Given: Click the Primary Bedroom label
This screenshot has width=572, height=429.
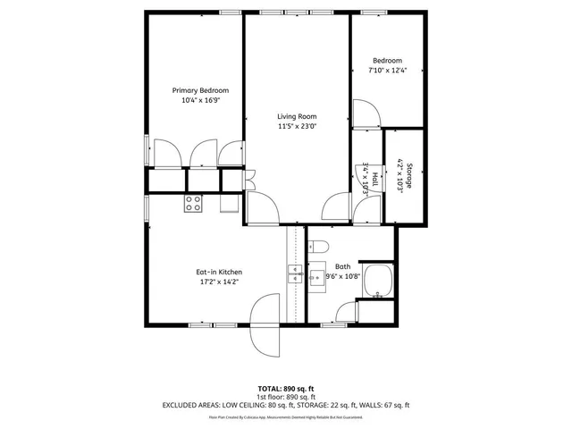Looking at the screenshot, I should (x=200, y=90).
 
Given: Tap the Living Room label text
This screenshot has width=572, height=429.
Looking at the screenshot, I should (x=296, y=116).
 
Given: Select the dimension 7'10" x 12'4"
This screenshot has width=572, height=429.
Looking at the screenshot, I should (x=388, y=71).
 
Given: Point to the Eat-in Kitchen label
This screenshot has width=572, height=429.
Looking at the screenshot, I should (x=219, y=272).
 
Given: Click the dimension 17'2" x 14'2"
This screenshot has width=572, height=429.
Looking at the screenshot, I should (x=219, y=282).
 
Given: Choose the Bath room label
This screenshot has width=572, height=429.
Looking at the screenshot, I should (x=342, y=266).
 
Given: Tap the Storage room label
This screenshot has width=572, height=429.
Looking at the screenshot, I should (x=408, y=170).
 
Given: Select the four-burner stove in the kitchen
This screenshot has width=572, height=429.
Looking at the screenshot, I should (x=193, y=204).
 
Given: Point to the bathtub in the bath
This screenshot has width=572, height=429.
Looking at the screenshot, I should (x=381, y=282).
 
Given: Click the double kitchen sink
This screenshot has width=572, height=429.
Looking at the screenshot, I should (x=295, y=273).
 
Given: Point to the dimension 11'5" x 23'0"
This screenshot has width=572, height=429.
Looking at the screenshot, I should (x=296, y=127).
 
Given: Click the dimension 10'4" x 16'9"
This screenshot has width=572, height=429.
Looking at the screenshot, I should (x=200, y=101).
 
